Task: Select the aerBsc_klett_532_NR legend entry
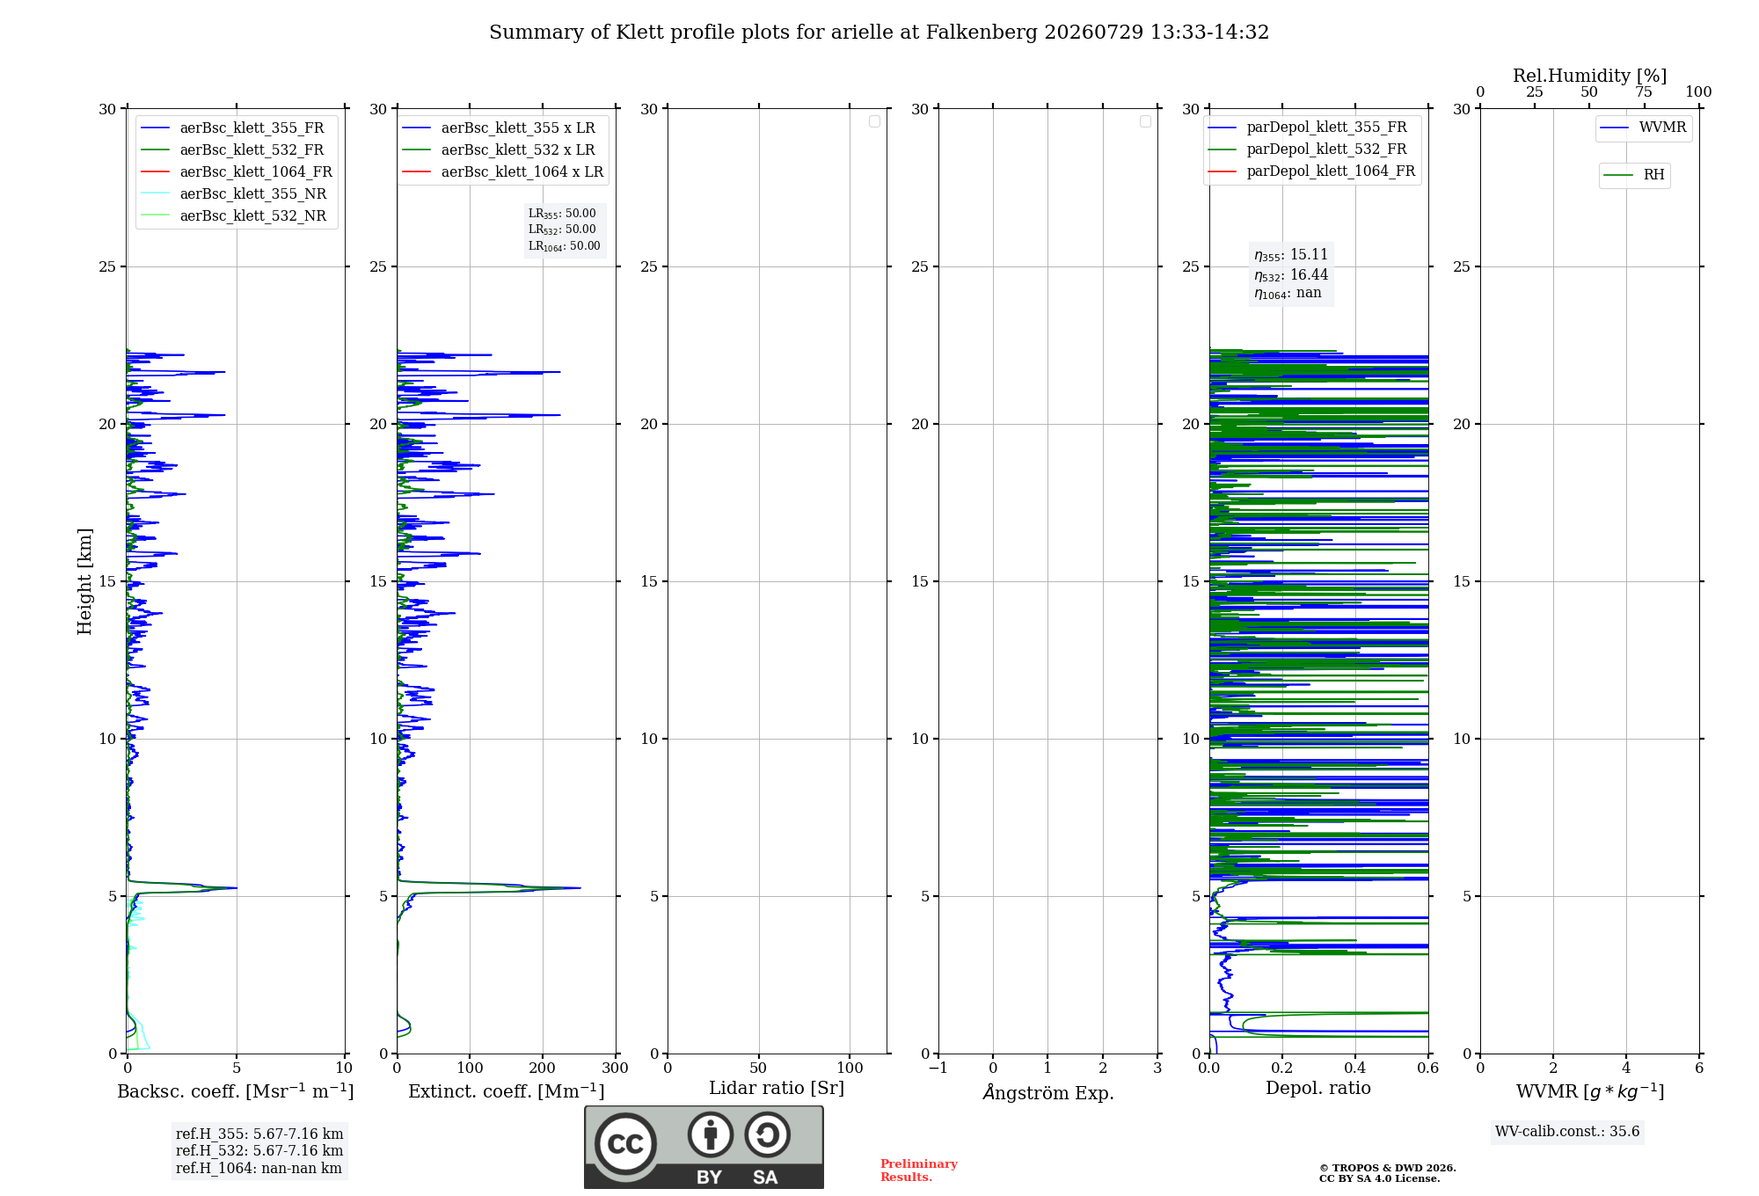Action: tap(233, 216)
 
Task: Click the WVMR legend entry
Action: tap(1643, 128)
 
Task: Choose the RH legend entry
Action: tap(1634, 175)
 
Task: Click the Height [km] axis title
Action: tap(84, 581)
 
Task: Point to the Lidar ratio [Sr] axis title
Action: tap(777, 1088)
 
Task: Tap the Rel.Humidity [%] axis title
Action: tap(1590, 76)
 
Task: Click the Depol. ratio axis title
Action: tap(1318, 1088)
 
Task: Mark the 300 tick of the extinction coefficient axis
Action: tap(616, 1068)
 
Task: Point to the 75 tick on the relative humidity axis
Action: tap(1644, 91)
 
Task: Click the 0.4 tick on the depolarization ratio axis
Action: tap(1355, 1068)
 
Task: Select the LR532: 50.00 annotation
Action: tap(562, 230)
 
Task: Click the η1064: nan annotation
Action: tap(1288, 293)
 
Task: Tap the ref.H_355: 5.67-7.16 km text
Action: tap(259, 1134)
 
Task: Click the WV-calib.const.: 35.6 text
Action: tap(1567, 1132)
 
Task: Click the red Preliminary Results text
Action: tap(919, 1170)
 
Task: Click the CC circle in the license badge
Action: tap(625, 1143)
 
